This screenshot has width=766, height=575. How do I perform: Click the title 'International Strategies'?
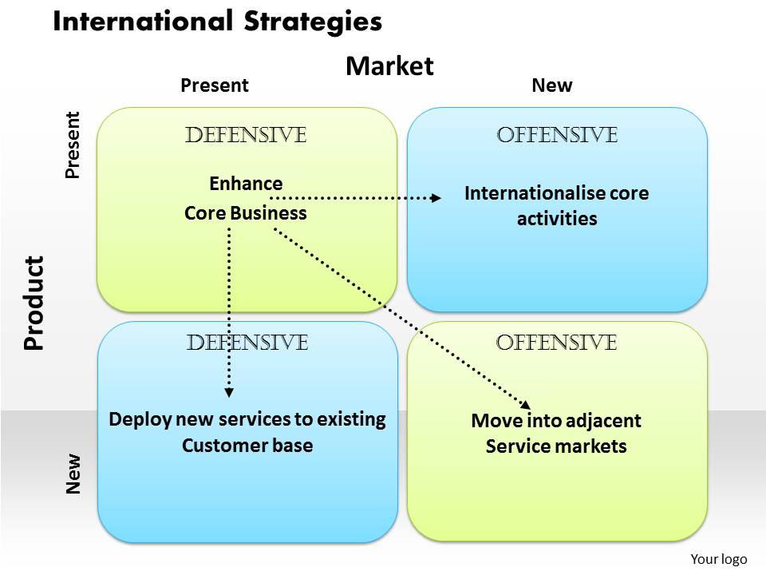click(x=217, y=22)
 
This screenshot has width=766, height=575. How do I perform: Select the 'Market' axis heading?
click(x=389, y=66)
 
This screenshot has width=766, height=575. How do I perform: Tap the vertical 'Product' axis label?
click(x=34, y=303)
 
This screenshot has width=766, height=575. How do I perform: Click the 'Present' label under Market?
click(x=215, y=85)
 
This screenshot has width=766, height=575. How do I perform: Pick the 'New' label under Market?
click(x=552, y=85)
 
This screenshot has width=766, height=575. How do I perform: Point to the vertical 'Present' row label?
click(x=73, y=145)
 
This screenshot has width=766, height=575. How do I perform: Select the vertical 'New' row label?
click(x=73, y=474)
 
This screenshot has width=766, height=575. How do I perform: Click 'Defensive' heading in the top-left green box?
click(x=246, y=136)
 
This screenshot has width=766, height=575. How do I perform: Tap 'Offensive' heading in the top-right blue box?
click(x=557, y=136)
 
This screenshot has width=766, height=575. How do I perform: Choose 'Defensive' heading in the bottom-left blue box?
click(x=247, y=343)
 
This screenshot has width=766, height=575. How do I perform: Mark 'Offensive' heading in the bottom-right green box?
click(x=557, y=343)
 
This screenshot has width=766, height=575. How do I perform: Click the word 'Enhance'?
click(x=246, y=184)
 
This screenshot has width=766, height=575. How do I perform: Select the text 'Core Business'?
click(x=246, y=213)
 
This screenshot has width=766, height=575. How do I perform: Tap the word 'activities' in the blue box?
click(x=557, y=219)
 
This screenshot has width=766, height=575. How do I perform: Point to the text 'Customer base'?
click(x=247, y=445)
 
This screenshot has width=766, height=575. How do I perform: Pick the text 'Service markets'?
click(x=556, y=446)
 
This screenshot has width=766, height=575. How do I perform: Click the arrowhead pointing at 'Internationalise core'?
click(x=436, y=197)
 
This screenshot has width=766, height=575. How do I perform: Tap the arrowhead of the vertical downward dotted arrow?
click(x=229, y=392)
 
